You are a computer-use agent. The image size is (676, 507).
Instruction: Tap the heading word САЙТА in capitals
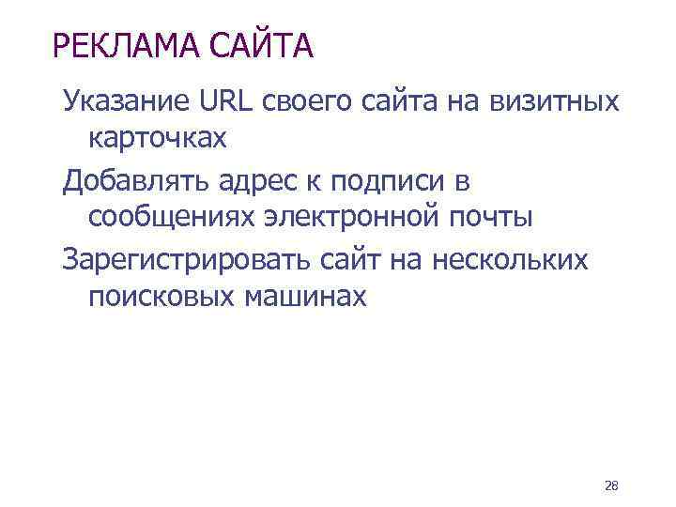(x=263, y=44)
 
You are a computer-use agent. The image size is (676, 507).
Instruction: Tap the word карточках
(x=157, y=139)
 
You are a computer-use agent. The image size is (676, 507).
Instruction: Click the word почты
(x=490, y=219)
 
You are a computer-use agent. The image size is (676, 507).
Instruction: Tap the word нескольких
(x=512, y=258)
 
